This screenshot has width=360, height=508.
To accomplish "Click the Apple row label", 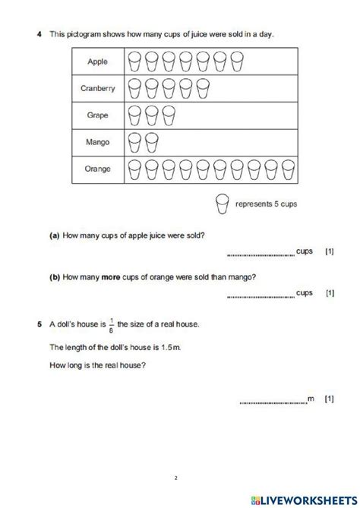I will [x=98, y=60].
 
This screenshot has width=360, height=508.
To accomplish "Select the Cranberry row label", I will [x=98, y=89].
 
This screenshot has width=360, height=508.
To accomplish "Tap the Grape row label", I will [x=98, y=115].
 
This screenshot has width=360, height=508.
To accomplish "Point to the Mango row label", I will [x=98, y=142].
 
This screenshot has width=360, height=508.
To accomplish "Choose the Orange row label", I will [x=98, y=169].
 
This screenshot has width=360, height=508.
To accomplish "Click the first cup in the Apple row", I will [x=134, y=60].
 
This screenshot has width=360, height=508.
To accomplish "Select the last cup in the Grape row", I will [x=168, y=115].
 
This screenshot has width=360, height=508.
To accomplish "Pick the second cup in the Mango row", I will [x=151, y=142].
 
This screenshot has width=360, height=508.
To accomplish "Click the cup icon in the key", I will [x=223, y=204].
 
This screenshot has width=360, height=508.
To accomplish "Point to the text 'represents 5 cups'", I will [x=266, y=204].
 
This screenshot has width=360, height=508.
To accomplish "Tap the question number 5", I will [x=38, y=325].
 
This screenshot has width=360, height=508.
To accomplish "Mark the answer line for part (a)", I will [x=260, y=254].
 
